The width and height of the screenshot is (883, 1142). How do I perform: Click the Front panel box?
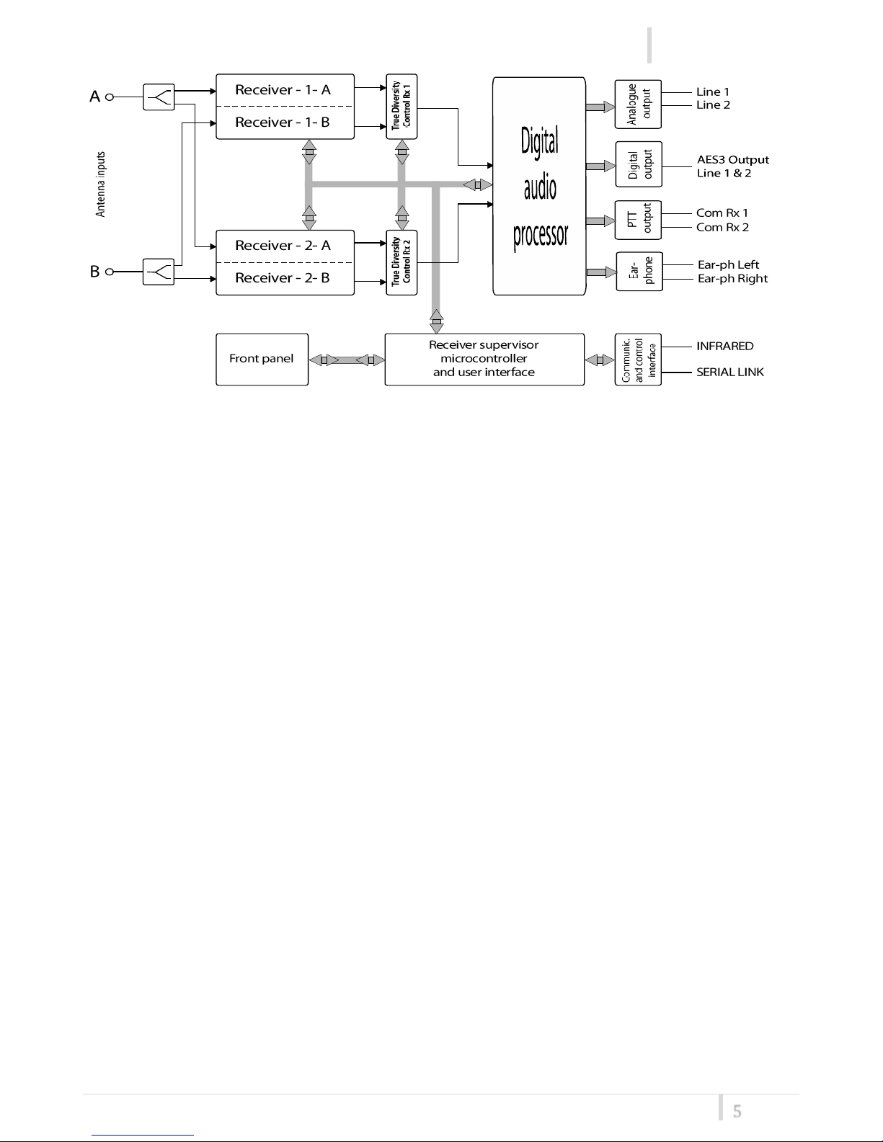pyautogui.click(x=262, y=360)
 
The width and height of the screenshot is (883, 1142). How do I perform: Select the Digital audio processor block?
pyautogui.click(x=539, y=186)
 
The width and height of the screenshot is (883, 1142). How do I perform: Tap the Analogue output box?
pyautogui.click(x=638, y=104)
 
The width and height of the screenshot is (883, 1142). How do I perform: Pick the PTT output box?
pyautogui.click(x=638, y=220)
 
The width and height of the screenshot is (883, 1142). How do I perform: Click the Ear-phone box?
pyautogui.click(x=639, y=271)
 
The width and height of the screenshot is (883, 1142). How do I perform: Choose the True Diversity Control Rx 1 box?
pyautogui.click(x=401, y=106)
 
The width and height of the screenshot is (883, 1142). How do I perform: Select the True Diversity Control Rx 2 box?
pyautogui.click(x=401, y=262)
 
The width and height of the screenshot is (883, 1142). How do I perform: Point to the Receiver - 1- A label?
pyautogui.click(x=283, y=90)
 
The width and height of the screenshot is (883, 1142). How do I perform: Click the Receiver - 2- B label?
pyautogui.click(x=283, y=277)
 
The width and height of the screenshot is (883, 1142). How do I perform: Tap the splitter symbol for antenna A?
pyautogui.click(x=159, y=97)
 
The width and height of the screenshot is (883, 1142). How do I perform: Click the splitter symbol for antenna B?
pyautogui.click(x=159, y=272)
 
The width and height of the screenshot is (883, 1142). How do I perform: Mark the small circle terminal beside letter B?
pyautogui.click(x=110, y=272)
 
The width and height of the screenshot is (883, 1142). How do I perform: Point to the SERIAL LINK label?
pyautogui.click(x=730, y=372)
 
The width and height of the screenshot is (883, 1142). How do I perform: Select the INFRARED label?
pyautogui.click(x=725, y=346)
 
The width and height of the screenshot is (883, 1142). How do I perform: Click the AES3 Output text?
pyautogui.click(x=732, y=159)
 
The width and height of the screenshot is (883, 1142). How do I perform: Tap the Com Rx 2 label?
pyautogui.click(x=722, y=227)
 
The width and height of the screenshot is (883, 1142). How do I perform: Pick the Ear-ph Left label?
pyautogui.click(x=729, y=264)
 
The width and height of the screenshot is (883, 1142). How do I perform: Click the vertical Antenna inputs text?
pyautogui.click(x=100, y=184)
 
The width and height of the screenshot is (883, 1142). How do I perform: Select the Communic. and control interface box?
pyautogui.click(x=638, y=360)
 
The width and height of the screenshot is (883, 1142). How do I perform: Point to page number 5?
pyautogui.click(x=737, y=1111)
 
